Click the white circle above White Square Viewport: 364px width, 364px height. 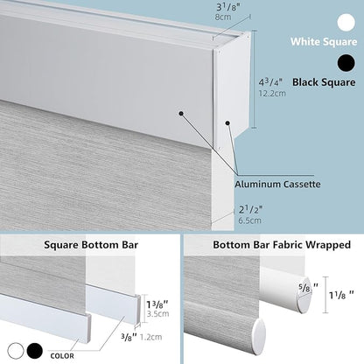(346, 23)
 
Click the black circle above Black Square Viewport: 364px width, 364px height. (346, 63)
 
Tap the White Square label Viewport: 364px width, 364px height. (324, 42)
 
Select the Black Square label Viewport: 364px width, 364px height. (324, 82)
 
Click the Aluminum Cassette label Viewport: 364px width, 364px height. (277, 185)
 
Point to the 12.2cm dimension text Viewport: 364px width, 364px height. (272, 94)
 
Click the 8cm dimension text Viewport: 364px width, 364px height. (223, 17)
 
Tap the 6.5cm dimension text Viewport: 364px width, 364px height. (249, 220)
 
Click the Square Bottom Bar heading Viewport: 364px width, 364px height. (91, 245)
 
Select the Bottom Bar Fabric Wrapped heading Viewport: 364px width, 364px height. (282, 245)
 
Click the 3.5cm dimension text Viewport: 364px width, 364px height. (157, 314)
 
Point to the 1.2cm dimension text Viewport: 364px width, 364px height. (150, 337)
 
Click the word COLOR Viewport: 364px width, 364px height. (62, 356)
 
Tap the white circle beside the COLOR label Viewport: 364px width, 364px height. (16, 351)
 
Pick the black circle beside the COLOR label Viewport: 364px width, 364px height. (35, 351)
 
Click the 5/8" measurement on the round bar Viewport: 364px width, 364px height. (308, 288)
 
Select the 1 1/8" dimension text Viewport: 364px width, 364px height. (341, 295)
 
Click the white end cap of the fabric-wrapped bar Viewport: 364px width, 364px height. (259, 337)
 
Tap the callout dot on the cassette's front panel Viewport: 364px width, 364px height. (181, 114)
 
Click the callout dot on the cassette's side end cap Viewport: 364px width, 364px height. (228, 123)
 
